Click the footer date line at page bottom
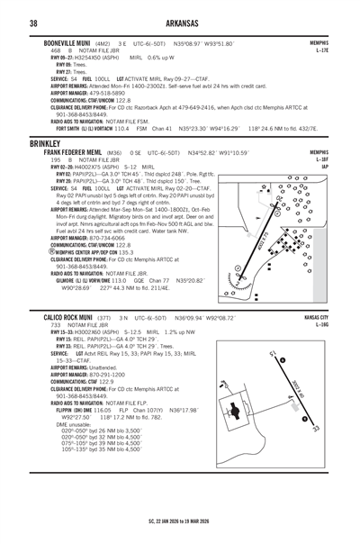click(180, 520)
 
